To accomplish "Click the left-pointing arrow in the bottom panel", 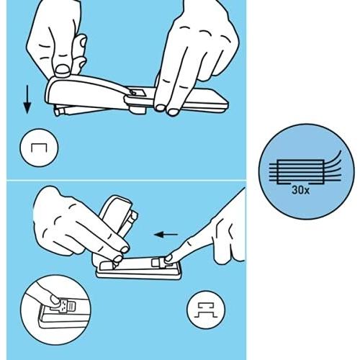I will tap(168, 234).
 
